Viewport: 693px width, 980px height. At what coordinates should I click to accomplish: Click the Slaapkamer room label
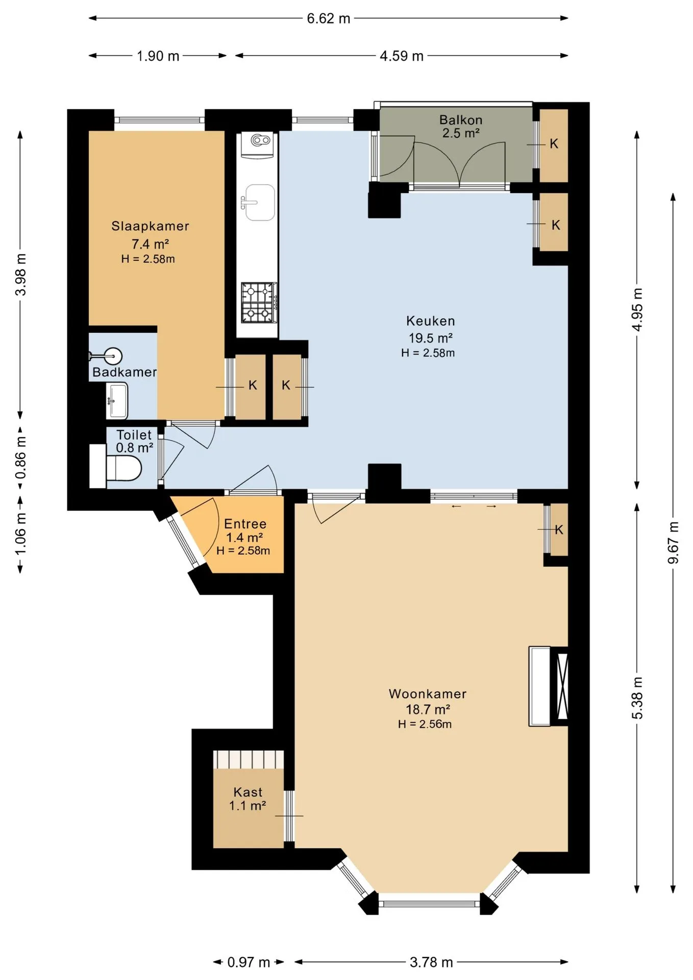tap(150, 226)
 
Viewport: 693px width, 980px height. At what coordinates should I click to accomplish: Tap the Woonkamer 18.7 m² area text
tap(428, 709)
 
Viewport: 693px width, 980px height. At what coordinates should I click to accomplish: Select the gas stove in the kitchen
tap(259, 303)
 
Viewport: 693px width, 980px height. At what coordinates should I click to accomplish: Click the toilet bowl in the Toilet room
tap(123, 468)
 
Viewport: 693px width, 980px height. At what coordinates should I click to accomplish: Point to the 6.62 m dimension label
tap(329, 19)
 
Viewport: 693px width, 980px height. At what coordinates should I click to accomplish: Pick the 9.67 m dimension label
tap(674, 543)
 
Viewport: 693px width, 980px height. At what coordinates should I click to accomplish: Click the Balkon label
tap(461, 120)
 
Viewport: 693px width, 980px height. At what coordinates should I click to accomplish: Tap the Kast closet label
tap(248, 792)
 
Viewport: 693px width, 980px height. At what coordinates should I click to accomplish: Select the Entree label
tap(245, 524)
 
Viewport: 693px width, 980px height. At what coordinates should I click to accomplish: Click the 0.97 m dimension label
tap(249, 962)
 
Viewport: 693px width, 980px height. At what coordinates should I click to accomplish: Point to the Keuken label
tap(431, 321)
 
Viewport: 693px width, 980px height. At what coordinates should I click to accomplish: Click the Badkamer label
tap(125, 372)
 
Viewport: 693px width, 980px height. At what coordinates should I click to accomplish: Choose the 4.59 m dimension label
tap(402, 56)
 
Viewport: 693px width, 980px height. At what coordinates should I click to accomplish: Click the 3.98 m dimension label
tap(21, 275)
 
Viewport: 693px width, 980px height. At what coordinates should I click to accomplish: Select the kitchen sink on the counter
tap(260, 203)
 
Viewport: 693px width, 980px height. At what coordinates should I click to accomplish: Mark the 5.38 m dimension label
tap(637, 698)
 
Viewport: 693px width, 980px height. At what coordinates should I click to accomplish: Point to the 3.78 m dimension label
tap(431, 962)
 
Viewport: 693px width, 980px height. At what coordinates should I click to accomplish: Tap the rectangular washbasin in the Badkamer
tap(117, 400)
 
